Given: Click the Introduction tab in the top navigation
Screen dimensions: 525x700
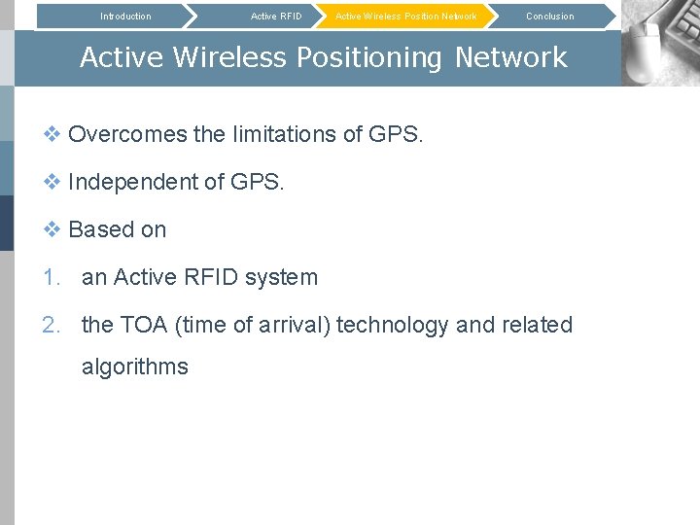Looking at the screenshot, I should click(125, 17).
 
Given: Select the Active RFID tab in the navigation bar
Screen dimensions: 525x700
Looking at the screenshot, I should click(276, 17).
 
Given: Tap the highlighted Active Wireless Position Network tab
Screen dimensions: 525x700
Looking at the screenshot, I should click(405, 17).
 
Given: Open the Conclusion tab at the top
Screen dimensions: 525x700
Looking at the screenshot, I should click(549, 17).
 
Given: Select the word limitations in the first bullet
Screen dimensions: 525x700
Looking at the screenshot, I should click(282, 134).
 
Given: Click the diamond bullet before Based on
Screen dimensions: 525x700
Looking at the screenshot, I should click(52, 229).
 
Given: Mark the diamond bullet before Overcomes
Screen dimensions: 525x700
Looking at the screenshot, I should click(52, 134).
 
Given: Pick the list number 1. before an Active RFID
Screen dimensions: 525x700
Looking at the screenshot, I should click(52, 277).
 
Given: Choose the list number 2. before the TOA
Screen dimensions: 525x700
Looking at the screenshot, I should click(52, 325).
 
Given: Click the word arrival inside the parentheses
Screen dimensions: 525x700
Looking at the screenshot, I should click(297, 325).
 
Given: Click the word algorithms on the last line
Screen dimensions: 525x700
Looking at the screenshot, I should click(134, 367).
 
